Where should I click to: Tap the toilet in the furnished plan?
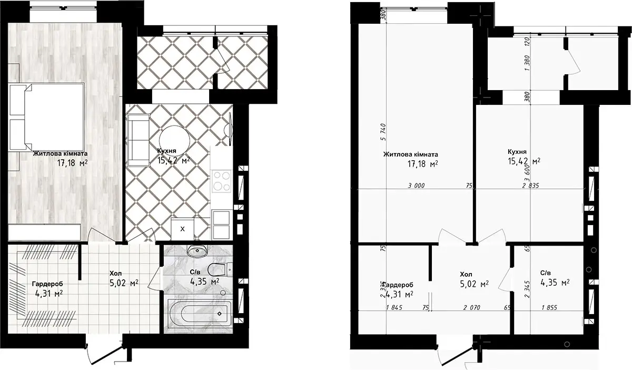220,270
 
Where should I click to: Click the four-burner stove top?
222,181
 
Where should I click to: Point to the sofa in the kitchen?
138,140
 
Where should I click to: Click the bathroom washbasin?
197,250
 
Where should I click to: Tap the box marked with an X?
182,229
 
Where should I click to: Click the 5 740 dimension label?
383,132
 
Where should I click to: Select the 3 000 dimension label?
416,186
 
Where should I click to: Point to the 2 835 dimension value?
530,186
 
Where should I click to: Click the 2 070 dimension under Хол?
471,308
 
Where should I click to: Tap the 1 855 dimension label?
549,308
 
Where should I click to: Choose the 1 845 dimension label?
394,308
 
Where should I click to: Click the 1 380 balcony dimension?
528,63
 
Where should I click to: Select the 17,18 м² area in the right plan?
422,164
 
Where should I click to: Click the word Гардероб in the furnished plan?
47,284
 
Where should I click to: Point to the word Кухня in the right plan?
517,152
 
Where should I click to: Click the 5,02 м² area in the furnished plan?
124,283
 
